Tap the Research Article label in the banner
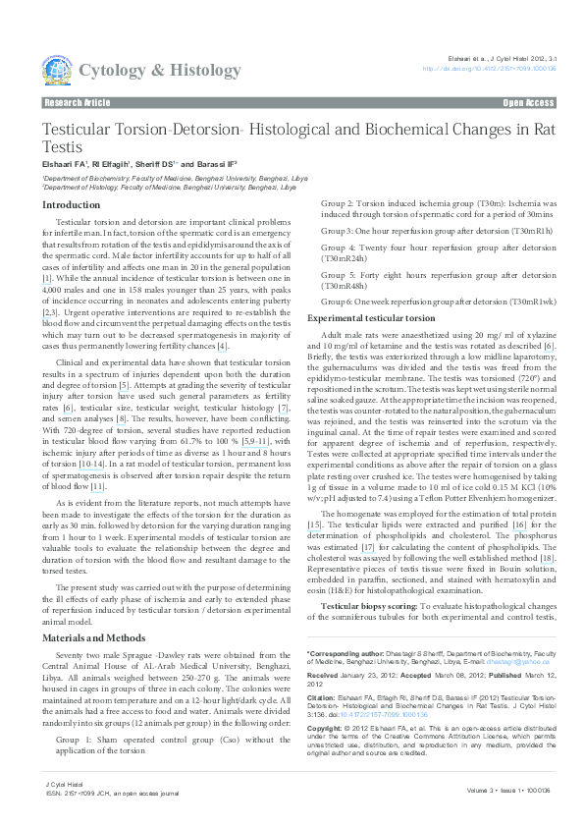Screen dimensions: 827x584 (77, 102)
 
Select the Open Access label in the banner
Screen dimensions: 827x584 (528, 102)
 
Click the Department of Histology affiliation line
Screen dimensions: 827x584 (168, 186)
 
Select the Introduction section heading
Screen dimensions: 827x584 (71, 204)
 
